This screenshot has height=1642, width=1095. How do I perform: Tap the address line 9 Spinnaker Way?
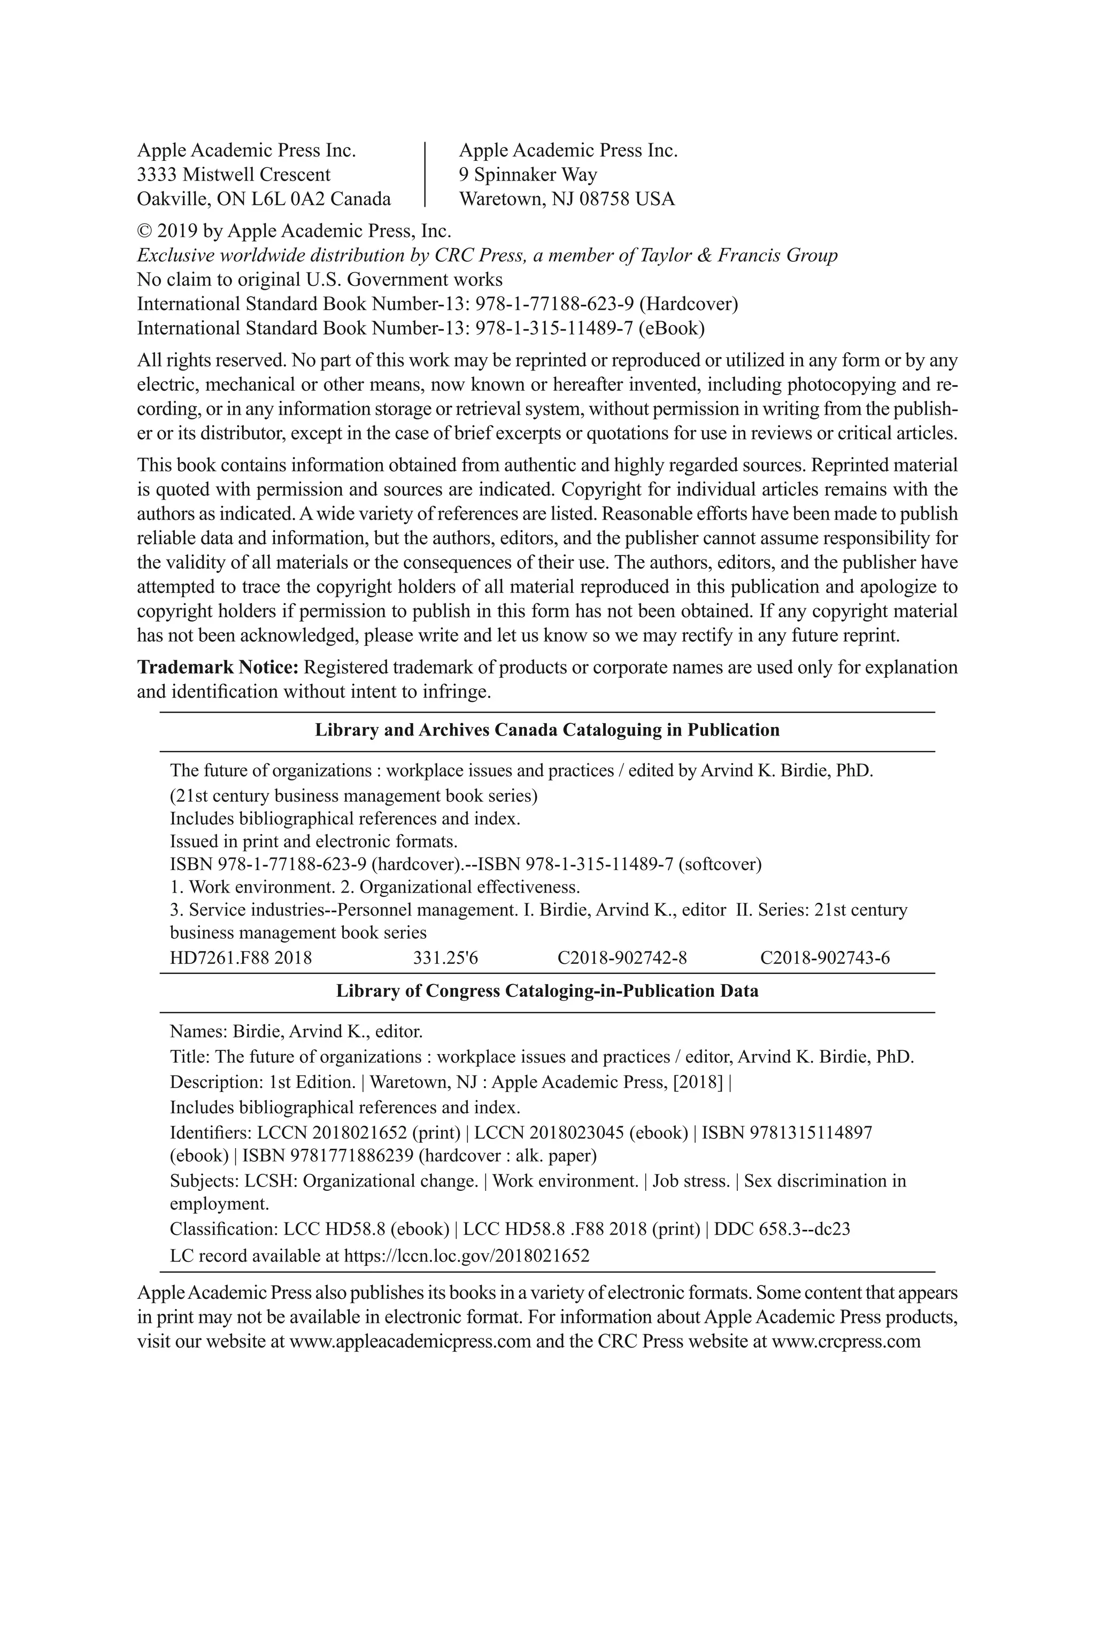pyautogui.click(x=528, y=175)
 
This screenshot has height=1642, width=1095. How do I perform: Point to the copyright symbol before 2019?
pyautogui.click(x=144, y=231)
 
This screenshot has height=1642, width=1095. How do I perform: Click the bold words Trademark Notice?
pyautogui.click(x=218, y=668)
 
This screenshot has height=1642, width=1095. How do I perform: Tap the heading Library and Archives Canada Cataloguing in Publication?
pyautogui.click(x=547, y=730)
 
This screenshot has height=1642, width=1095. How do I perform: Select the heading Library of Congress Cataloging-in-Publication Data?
pyautogui.click(x=547, y=992)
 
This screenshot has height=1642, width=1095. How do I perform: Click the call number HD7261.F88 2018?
pyautogui.click(x=241, y=958)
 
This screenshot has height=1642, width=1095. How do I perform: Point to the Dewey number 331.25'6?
pyautogui.click(x=445, y=958)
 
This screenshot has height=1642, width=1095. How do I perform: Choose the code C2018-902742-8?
pyautogui.click(x=621, y=958)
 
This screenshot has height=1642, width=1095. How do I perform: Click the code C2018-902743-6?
pyautogui.click(x=825, y=958)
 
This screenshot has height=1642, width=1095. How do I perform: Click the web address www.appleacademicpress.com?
pyautogui.click(x=410, y=1341)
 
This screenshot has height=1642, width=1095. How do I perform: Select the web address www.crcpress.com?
pyautogui.click(x=846, y=1341)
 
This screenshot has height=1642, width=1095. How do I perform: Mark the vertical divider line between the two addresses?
pyautogui.click(x=425, y=175)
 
